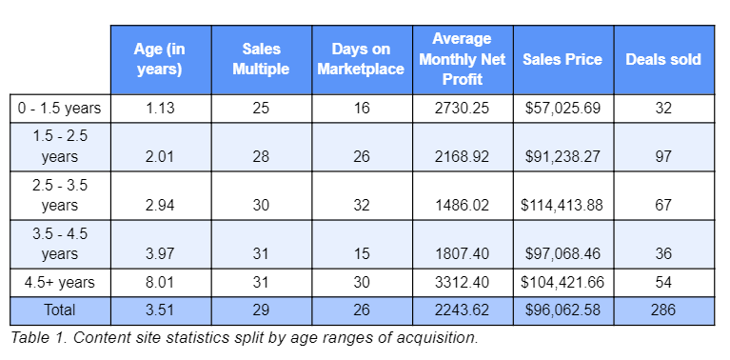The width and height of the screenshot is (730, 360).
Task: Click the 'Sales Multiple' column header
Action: tap(260, 59)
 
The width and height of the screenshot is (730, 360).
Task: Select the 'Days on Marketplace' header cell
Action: tap(361, 59)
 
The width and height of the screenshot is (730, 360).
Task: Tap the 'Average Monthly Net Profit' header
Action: tap(462, 59)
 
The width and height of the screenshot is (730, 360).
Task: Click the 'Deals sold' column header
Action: tap(662, 59)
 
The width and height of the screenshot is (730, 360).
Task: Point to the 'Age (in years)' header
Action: tap(159, 59)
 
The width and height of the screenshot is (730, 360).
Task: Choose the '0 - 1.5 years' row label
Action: tap(59, 109)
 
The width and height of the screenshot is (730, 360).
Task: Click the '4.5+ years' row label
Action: tap(59, 284)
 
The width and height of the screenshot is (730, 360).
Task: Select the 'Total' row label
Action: tap(59, 310)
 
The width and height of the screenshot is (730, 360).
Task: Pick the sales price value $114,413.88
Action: tap(562, 205)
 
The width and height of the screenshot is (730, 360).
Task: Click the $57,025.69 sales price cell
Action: tap(562, 109)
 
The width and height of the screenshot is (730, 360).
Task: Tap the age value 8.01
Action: tap(159, 284)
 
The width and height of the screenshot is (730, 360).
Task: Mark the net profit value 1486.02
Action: tap(462, 205)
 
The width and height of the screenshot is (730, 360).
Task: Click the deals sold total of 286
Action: tap(663, 310)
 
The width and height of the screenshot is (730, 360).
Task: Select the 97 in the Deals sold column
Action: tap(663, 157)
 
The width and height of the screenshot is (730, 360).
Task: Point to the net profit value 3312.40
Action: tap(462, 284)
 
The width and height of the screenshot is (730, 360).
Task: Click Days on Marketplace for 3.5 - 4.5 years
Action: tap(361, 253)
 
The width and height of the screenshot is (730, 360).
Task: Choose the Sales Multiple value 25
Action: tap(260, 109)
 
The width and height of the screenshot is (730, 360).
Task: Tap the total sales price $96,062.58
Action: tap(562, 310)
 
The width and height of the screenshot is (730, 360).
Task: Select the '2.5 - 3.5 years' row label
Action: tap(59, 194)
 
